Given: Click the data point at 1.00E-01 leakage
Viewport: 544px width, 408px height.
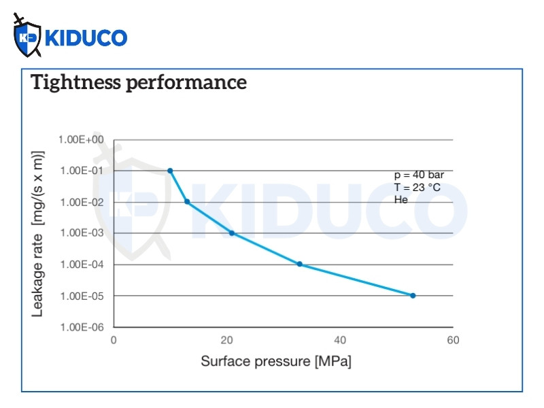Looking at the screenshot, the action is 170,171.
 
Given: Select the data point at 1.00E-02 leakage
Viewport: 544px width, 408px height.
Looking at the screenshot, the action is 187,201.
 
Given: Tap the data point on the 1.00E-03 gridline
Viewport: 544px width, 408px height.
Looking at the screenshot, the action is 232,233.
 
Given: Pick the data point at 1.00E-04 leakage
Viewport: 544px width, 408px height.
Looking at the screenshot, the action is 300,264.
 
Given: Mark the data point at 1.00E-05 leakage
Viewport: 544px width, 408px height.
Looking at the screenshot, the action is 413,296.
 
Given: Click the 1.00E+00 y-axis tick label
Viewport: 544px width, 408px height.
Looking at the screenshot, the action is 81,139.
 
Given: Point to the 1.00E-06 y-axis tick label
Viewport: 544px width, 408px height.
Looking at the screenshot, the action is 82,327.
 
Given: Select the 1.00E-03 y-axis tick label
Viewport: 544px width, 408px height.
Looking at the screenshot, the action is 82,233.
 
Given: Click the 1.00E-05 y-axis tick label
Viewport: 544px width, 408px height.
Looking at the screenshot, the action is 82,296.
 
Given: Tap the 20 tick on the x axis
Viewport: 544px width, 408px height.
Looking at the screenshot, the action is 226,340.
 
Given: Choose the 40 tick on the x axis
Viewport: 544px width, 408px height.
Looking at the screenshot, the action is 340,340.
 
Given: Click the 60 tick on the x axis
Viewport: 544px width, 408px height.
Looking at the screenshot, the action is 453,340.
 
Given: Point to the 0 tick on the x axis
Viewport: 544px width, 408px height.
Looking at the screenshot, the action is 114,340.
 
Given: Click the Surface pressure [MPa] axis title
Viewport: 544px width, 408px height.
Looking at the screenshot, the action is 276,362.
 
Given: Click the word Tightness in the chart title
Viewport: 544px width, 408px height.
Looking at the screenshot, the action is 76,82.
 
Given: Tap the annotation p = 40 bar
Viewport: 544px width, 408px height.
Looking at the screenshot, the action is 419,175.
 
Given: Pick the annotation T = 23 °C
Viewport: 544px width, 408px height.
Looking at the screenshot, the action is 418,188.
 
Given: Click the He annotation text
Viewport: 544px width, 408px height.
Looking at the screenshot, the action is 401,199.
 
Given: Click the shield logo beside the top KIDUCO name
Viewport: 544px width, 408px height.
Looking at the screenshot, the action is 27,36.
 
